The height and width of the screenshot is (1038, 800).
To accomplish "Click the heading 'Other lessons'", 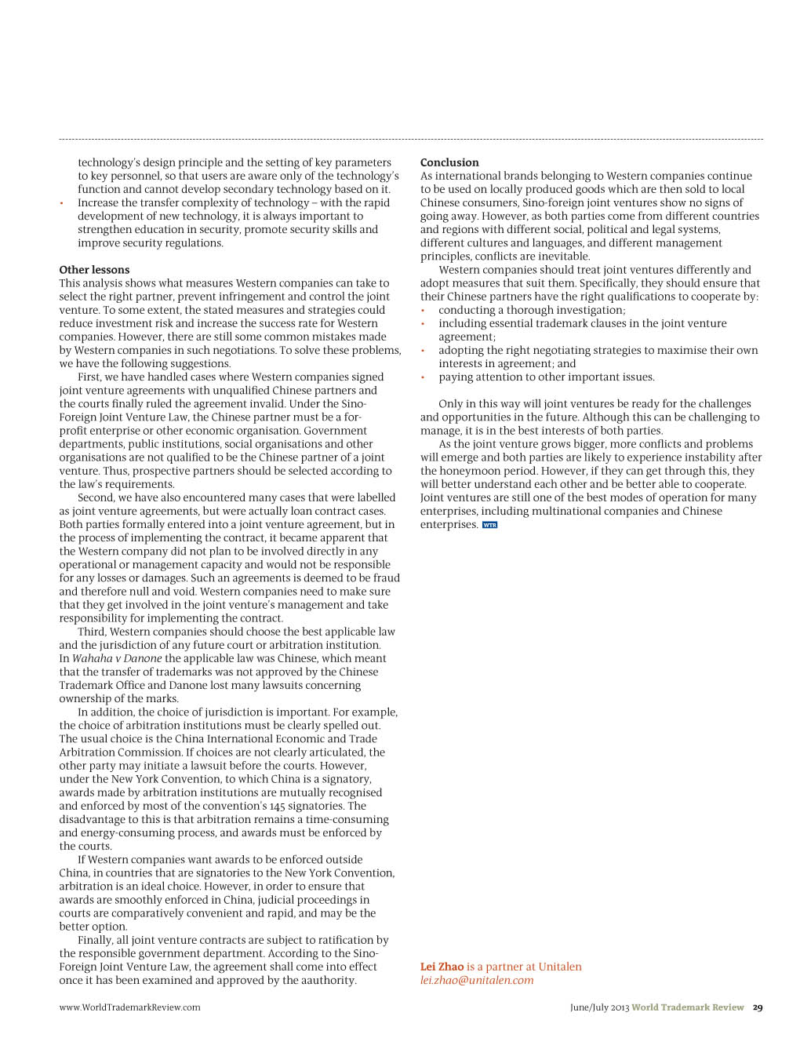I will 94,270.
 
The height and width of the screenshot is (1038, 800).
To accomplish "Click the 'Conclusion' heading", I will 449,162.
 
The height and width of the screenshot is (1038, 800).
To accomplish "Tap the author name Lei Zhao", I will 442,967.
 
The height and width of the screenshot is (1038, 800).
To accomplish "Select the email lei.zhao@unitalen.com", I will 477,980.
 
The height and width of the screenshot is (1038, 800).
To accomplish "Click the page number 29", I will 758,1007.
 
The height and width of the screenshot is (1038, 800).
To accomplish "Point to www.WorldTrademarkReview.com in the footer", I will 129,1007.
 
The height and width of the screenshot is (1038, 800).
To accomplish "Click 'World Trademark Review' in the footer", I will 688,1007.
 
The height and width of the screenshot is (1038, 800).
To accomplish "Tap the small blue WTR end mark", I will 489,525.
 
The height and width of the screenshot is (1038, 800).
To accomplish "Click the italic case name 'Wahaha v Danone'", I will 117,658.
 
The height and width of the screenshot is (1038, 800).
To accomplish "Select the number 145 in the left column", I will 278,806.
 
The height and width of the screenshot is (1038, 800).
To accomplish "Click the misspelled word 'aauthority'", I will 329,980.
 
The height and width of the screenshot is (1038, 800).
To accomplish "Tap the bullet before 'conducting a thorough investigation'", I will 423,311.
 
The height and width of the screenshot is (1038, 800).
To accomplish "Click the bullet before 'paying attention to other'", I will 423,377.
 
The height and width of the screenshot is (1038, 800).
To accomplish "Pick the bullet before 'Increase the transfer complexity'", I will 62,203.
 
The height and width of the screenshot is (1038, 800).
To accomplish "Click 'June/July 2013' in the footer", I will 599,1007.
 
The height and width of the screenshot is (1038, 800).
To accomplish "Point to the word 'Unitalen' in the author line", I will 560,967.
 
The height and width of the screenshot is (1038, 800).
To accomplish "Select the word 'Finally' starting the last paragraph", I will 95,940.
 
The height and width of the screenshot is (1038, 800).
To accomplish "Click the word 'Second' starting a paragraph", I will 96,497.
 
